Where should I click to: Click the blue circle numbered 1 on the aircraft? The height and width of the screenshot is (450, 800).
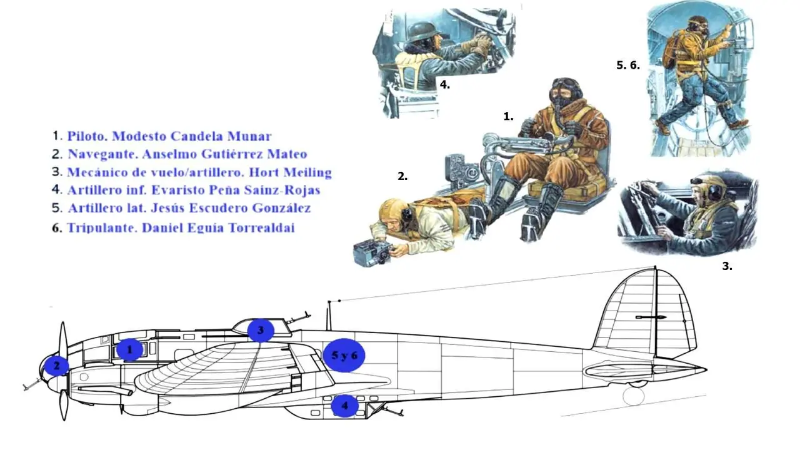tap(130, 350)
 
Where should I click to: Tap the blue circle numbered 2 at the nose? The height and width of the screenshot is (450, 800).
tap(56, 366)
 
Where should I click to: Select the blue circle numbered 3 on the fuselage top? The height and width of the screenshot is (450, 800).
tap(261, 330)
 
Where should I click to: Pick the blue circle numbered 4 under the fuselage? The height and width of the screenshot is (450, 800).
tap(344, 406)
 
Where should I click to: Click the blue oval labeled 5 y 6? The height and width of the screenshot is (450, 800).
tap(344, 355)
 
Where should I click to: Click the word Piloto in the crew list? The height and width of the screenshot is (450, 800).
tap(86, 136)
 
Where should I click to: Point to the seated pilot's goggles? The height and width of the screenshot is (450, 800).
tap(566, 83)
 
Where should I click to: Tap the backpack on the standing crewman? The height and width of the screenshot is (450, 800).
tap(672, 50)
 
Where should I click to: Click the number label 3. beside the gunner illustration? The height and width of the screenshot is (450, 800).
tap(727, 266)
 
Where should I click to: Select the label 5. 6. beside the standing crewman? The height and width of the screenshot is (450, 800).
tap(628, 64)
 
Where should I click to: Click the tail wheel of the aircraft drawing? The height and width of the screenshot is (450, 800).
tap(634, 396)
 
